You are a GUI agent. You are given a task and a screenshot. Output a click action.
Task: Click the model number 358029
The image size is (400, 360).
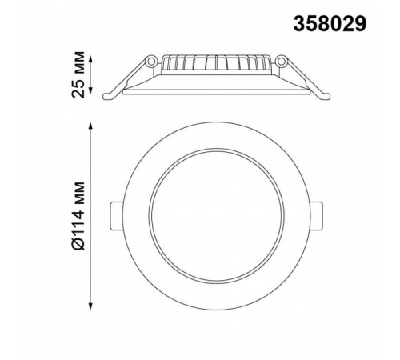tap(330, 24)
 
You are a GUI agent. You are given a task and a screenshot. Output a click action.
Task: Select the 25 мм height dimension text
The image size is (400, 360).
tap(78, 74)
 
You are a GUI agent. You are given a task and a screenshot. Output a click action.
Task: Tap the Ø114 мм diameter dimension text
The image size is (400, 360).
tap(78, 216)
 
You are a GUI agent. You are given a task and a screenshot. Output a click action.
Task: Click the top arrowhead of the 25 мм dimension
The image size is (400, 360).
tap(90, 59)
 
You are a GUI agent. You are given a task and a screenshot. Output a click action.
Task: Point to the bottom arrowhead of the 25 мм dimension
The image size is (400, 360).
tap(90, 90)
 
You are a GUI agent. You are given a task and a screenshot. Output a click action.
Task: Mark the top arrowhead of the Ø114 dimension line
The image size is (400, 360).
tap(90, 126)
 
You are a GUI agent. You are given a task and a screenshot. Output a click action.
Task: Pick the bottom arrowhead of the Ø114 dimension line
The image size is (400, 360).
tap(90, 306)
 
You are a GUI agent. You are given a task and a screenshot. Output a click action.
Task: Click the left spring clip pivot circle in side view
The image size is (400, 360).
tap(151, 62)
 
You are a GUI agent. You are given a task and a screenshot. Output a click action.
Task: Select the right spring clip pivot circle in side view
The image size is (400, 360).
tap(281, 62)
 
